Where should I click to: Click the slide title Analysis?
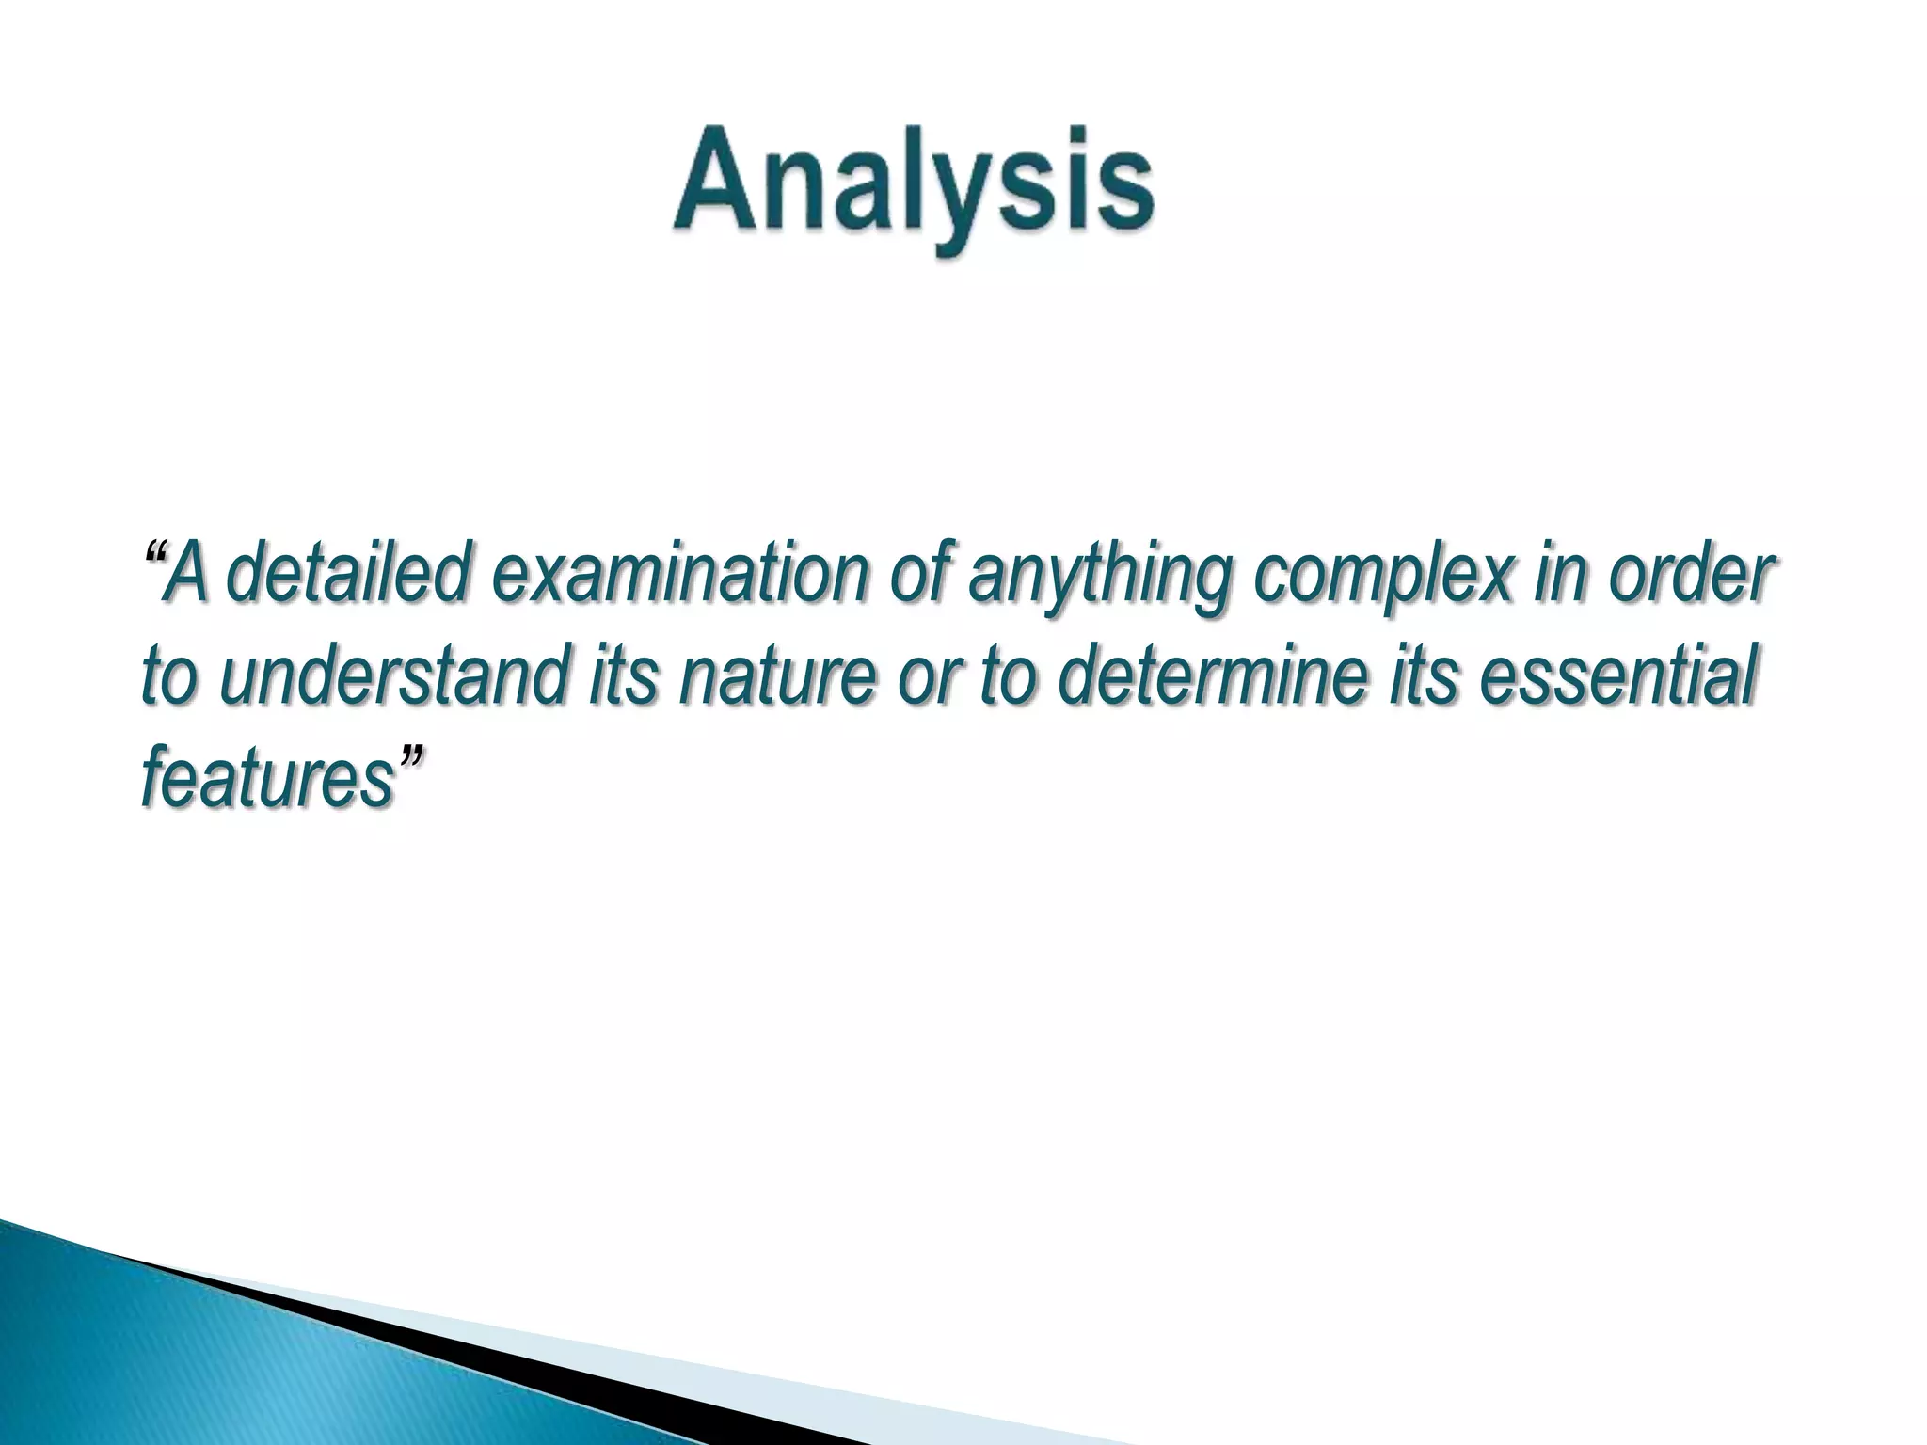(x=913, y=183)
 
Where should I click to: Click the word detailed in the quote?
(x=348, y=576)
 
